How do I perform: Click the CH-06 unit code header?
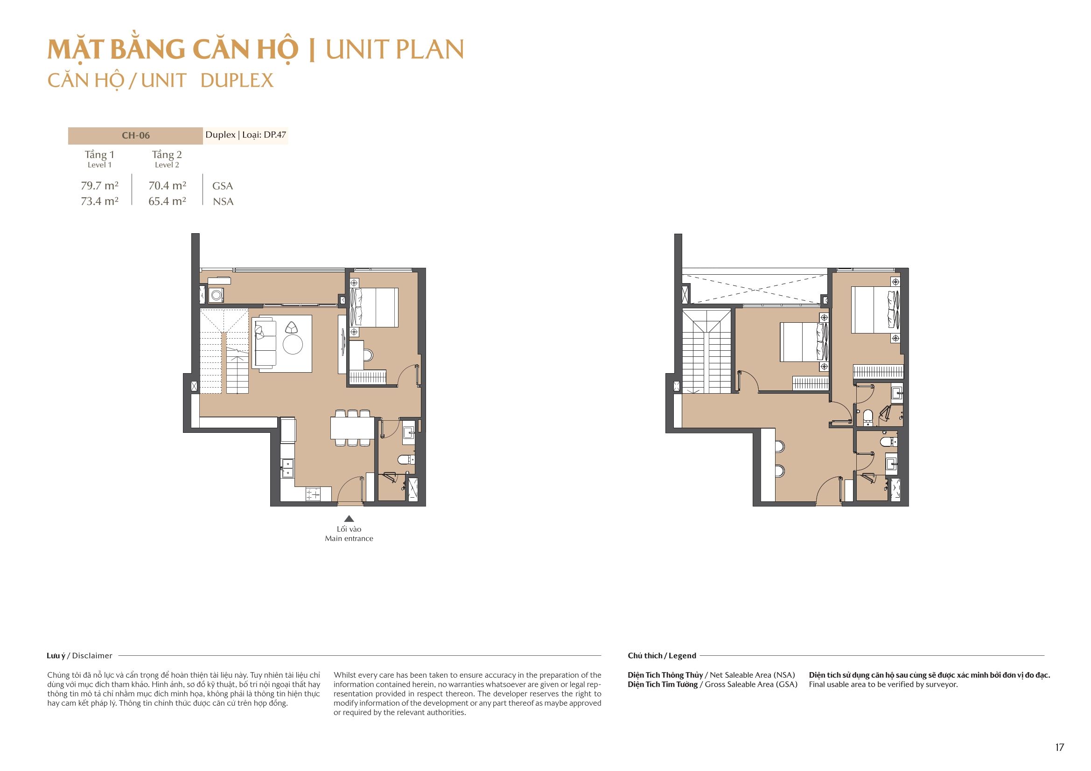tap(135, 135)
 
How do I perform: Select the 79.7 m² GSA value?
tap(99, 185)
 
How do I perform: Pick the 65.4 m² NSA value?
tap(167, 201)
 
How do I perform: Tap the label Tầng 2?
tap(166, 154)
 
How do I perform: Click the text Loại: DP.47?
tap(264, 134)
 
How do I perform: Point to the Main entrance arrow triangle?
tap(349, 519)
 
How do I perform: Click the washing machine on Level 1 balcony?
tap(216, 295)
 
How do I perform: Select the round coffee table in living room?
tap(293, 344)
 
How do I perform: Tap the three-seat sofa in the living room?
tap(265, 343)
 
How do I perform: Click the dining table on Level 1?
tap(352, 428)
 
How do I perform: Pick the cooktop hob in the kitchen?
tap(313, 494)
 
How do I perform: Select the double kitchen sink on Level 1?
tap(287, 468)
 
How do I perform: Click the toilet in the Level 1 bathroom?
tap(406, 459)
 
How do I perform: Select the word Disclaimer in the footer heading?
tap(92, 656)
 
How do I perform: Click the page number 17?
tap(1059, 747)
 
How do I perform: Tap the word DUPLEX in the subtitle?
tap(237, 81)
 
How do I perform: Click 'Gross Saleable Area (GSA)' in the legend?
tap(751, 684)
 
